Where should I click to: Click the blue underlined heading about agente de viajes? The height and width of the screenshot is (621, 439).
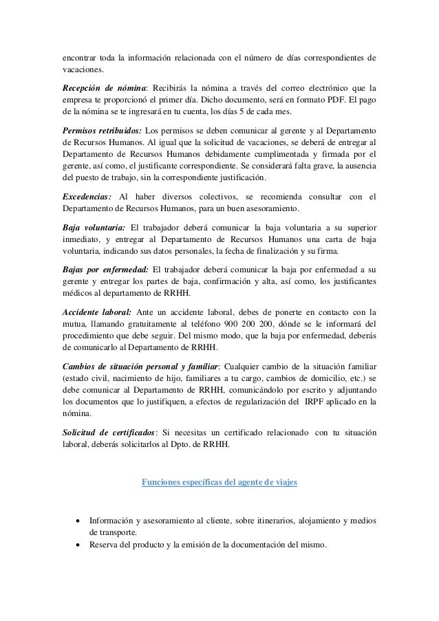point(219,482)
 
